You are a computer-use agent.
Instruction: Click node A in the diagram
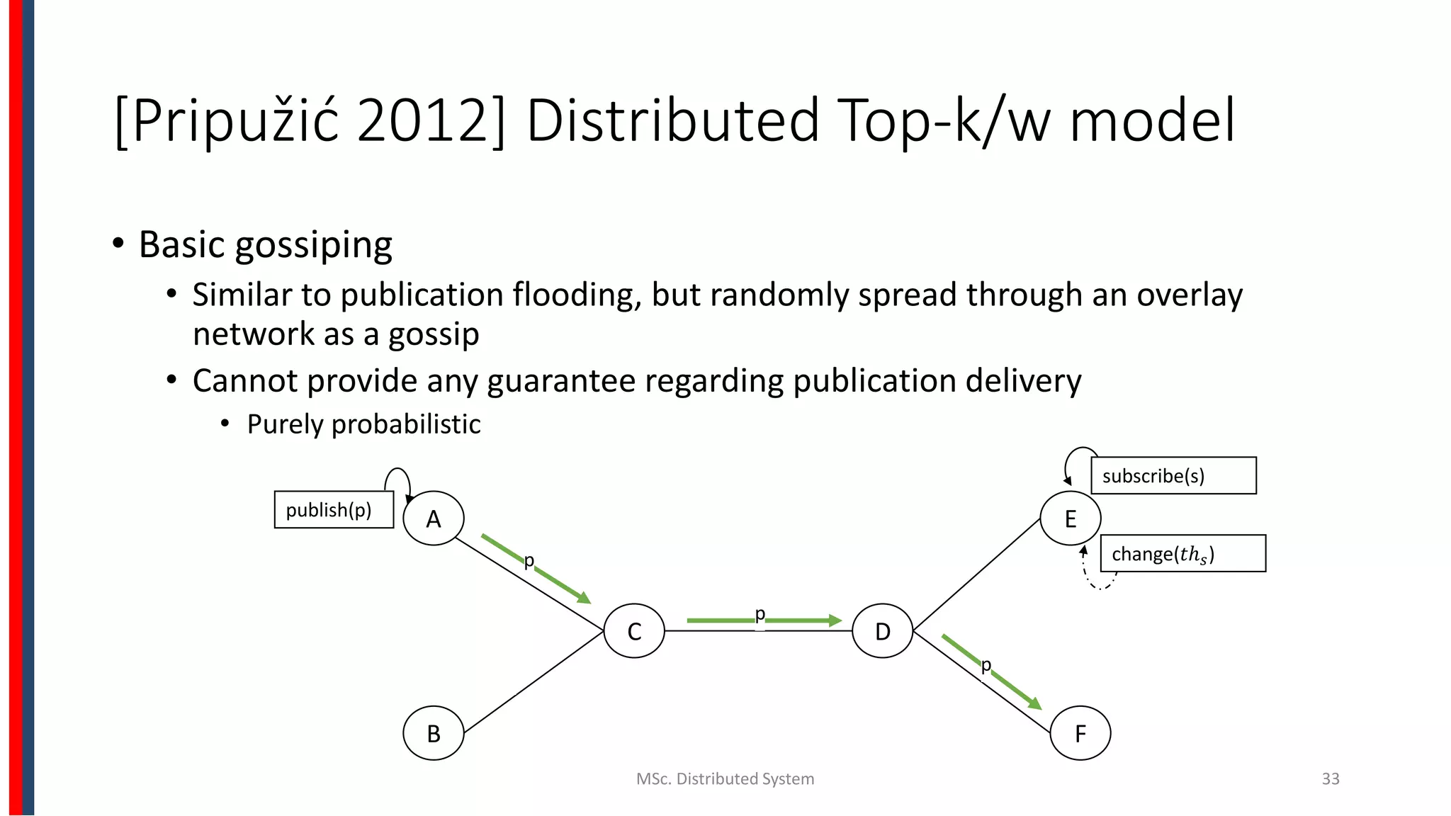tap(433, 518)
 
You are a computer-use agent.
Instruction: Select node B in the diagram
tap(433, 733)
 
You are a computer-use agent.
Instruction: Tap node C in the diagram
tap(634, 630)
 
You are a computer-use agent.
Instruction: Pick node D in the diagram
tap(882, 630)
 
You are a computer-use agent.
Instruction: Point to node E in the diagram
tap(1070, 518)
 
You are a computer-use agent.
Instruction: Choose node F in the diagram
tap(1080, 733)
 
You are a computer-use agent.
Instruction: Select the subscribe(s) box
tap(1173, 475)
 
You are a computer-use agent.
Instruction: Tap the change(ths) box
tap(1182, 553)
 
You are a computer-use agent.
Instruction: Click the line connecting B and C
tap(533, 682)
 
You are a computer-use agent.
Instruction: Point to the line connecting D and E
tap(976, 574)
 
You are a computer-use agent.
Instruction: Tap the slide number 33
tap(1330, 778)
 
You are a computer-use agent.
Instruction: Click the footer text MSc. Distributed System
tap(725, 778)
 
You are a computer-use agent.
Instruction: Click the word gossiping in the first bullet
tap(313, 245)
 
